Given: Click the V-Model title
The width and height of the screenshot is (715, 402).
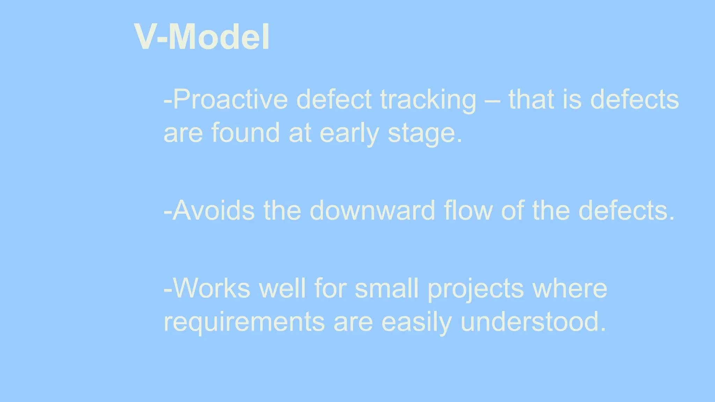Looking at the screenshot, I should tap(202, 37).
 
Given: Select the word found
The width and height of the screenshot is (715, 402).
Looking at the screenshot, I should tap(245, 133).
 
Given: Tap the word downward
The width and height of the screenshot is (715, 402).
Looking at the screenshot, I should tap(372, 211).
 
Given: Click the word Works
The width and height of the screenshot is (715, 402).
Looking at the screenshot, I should tap(211, 288).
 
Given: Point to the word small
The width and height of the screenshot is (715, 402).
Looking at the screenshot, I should tap(386, 288).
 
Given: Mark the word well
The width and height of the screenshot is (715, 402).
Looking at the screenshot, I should tap(282, 288).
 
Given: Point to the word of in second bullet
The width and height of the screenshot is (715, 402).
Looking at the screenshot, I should tap(512, 211).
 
